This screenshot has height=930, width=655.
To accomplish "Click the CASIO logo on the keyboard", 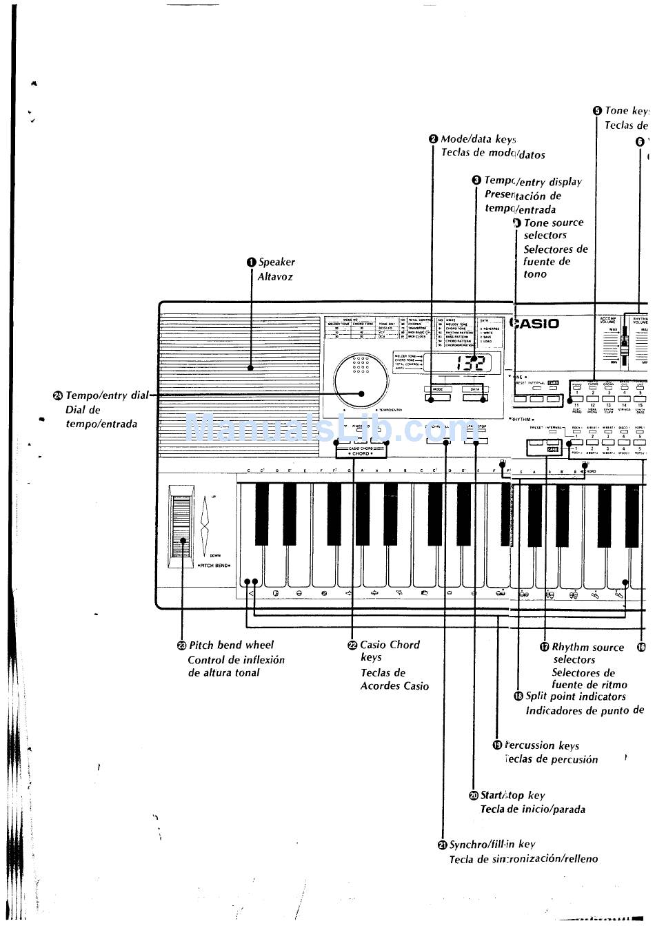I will (535, 323).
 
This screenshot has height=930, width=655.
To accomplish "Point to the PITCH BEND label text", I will (214, 565).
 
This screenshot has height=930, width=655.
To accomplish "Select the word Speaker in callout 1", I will (276, 262).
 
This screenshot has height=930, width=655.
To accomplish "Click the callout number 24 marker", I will (58, 395).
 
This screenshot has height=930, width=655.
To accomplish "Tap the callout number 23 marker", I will (182, 645).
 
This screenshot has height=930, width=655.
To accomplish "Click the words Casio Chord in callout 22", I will (390, 645).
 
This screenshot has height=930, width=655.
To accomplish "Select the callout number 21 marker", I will (443, 845).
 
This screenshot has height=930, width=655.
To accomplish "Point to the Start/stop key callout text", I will (512, 795).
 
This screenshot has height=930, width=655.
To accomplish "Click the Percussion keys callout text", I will (542, 745).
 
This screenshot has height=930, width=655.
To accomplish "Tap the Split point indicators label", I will (576, 696).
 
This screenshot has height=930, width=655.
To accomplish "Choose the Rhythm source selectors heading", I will (588, 647).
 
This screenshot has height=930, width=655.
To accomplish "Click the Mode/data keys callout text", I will (478, 139).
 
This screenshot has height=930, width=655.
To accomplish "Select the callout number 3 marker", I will (476, 180).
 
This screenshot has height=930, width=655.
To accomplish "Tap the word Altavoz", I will (276, 277).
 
